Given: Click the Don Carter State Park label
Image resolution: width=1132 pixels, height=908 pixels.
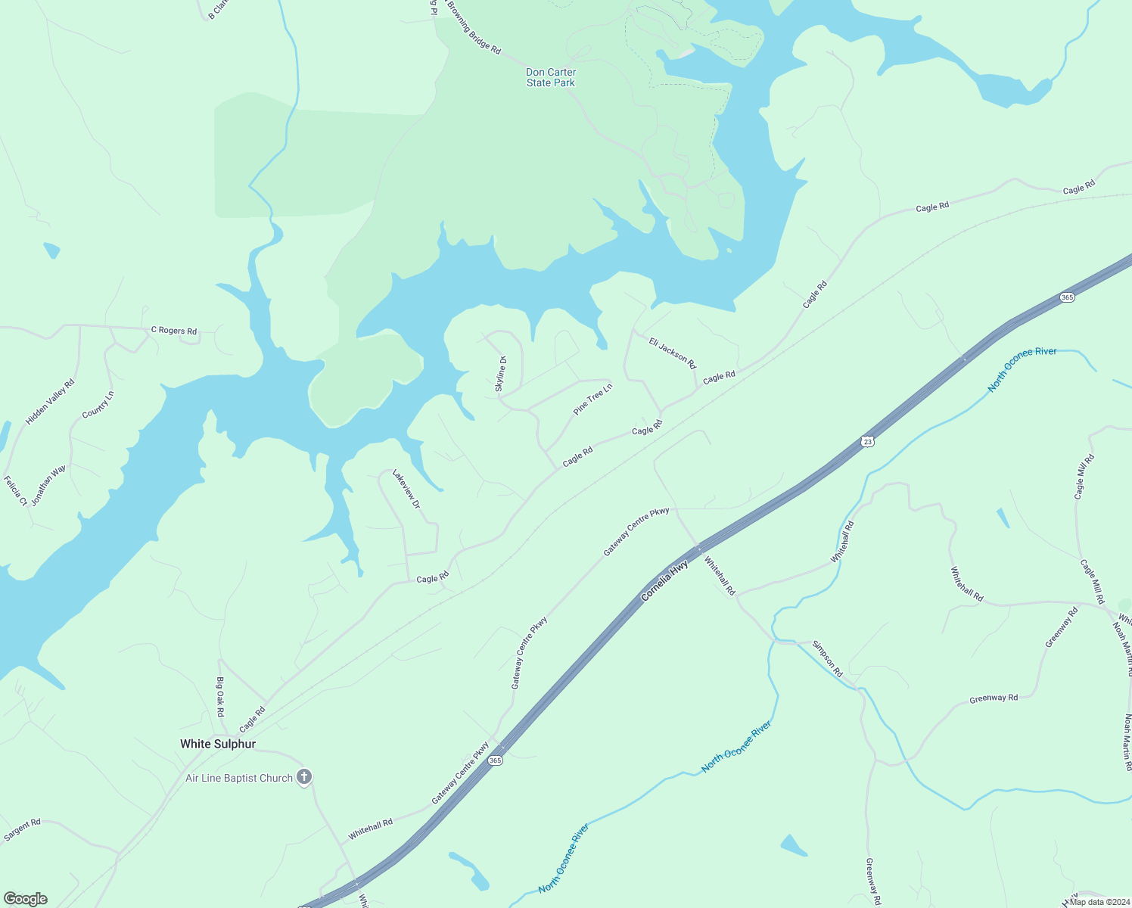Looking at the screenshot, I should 551,78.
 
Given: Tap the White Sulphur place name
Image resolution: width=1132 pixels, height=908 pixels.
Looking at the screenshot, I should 218,744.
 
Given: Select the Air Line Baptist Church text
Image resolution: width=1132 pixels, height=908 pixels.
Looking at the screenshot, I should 239,778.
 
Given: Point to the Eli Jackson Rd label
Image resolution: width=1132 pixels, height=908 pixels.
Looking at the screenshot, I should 673,353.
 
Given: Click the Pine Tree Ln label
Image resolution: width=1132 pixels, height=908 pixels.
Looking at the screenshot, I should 592,400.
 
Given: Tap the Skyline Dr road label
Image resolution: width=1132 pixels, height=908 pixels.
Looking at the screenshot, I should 500,374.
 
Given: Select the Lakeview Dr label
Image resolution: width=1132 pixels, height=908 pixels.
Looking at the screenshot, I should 406,489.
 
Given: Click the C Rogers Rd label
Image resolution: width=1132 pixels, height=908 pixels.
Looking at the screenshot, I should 174,331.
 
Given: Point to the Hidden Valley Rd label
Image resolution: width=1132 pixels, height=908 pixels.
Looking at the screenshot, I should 50,402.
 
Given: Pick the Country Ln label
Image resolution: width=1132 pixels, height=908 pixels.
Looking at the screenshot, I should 98,405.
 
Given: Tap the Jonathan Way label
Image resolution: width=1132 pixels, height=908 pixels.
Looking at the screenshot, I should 48,485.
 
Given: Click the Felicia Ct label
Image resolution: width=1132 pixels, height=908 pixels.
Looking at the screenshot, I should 15,491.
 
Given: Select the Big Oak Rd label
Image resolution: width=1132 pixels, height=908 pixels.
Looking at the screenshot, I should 220,697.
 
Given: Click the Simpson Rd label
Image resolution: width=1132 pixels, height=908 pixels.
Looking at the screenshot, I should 827,658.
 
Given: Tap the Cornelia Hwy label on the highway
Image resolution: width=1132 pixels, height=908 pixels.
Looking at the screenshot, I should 665,580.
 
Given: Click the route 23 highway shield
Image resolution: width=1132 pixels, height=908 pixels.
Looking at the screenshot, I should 868,441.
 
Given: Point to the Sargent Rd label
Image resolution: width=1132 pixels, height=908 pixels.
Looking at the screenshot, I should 22,830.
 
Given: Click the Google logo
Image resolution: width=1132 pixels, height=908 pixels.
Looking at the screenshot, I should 26,899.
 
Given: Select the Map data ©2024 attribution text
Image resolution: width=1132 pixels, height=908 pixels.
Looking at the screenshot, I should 1098,902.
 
